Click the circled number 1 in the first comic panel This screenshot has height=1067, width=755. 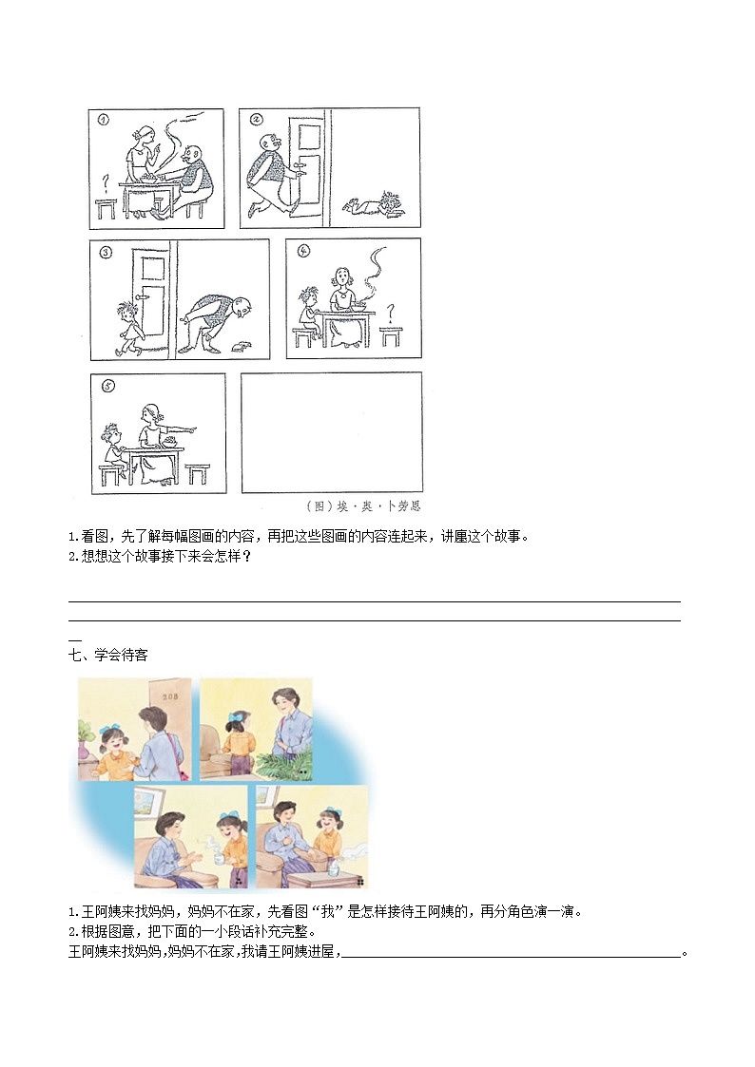point(103,121)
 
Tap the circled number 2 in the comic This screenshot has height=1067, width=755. point(255,120)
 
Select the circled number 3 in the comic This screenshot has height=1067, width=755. point(106,253)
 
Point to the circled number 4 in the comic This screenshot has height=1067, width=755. point(303,251)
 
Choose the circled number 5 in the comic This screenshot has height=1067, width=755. point(107,386)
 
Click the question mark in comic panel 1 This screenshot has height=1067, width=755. point(106,183)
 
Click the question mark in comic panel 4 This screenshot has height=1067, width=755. point(390,313)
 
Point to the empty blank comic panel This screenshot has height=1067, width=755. point(332,432)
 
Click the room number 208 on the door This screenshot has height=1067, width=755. point(169,696)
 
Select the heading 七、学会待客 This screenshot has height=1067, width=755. point(108,655)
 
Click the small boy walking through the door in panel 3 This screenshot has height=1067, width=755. point(129,328)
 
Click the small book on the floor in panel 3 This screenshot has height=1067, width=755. point(241,347)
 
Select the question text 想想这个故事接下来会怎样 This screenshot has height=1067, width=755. point(162,557)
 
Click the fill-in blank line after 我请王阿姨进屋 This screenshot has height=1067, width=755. point(511,957)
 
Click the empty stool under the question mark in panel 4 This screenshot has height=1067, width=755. point(391,336)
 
